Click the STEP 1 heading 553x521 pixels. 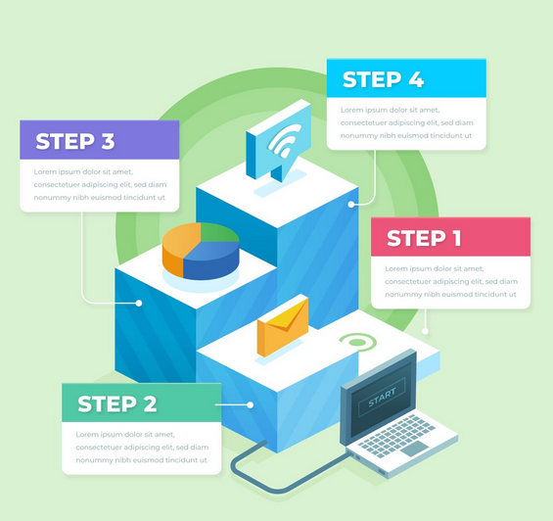point(424,238)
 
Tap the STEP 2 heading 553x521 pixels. point(117,403)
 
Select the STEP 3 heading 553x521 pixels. point(75,141)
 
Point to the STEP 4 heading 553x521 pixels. point(383,79)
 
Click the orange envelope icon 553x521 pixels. point(283,326)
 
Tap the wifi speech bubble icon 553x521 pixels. point(278,140)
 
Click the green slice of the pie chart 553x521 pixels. point(218,232)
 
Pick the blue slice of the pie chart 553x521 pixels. point(211,260)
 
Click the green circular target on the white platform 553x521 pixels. point(357,343)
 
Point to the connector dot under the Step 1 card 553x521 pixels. point(426,331)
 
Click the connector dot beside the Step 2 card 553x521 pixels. point(250,404)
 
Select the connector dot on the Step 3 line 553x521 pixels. point(139,303)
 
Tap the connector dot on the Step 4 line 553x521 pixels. point(351,205)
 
